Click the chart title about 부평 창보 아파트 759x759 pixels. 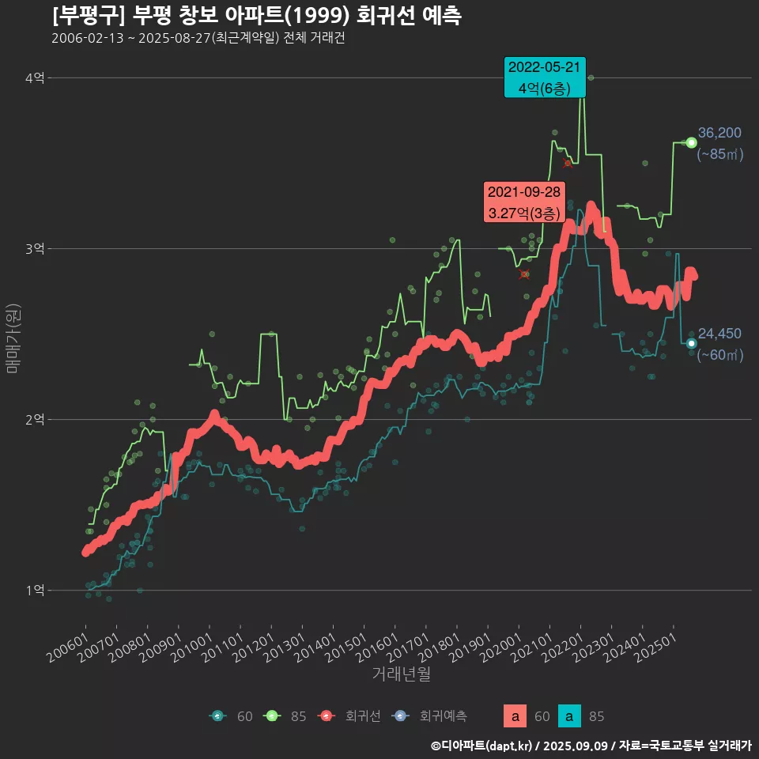(257, 16)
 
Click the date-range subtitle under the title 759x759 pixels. (198, 38)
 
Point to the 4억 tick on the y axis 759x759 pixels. (35, 77)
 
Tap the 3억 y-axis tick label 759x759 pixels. (35, 249)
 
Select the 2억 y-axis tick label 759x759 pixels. (35, 420)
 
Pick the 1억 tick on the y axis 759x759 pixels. (35, 591)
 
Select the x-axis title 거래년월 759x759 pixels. (401, 674)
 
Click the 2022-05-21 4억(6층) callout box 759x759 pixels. (545, 77)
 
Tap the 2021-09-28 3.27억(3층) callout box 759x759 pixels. (523, 202)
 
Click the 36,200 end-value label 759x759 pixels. (719, 133)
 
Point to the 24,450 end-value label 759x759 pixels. (719, 334)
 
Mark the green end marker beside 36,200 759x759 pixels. (691, 142)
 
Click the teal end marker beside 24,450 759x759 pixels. (691, 343)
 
